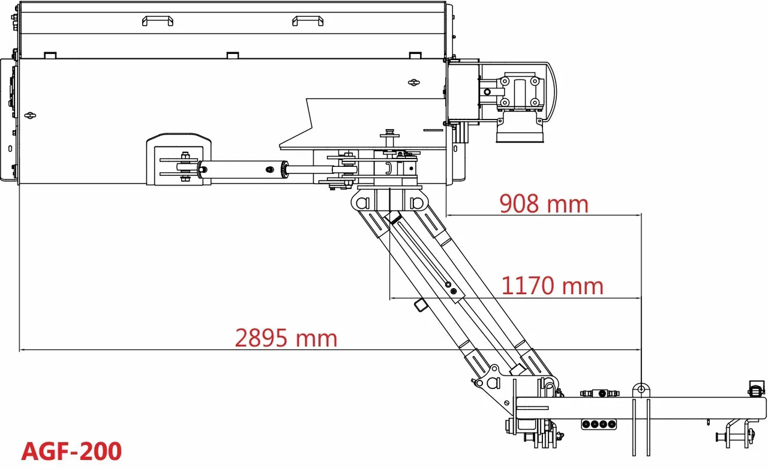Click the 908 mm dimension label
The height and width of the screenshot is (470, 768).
(x=544, y=203)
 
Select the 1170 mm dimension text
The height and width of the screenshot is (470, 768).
(x=552, y=286)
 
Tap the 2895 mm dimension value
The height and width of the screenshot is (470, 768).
(x=286, y=338)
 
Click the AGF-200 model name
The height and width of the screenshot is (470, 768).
(x=71, y=451)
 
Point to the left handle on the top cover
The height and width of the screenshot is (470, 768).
(x=158, y=20)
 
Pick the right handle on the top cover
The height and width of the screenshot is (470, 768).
(x=308, y=20)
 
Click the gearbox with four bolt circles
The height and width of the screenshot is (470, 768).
(x=520, y=92)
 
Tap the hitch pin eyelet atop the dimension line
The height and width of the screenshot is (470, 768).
(x=641, y=390)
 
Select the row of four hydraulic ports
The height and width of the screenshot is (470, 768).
(x=599, y=424)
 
